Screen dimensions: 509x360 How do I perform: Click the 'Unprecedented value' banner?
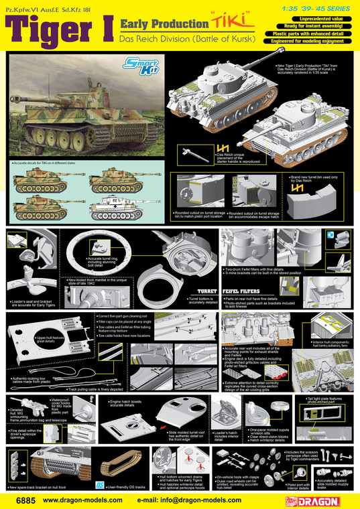tap(315, 14)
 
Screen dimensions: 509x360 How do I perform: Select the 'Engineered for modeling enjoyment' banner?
tap(315, 39)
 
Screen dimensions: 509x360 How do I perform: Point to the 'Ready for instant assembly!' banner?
tap(315, 22)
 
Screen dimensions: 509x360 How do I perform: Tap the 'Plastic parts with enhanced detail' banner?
tap(315, 31)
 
